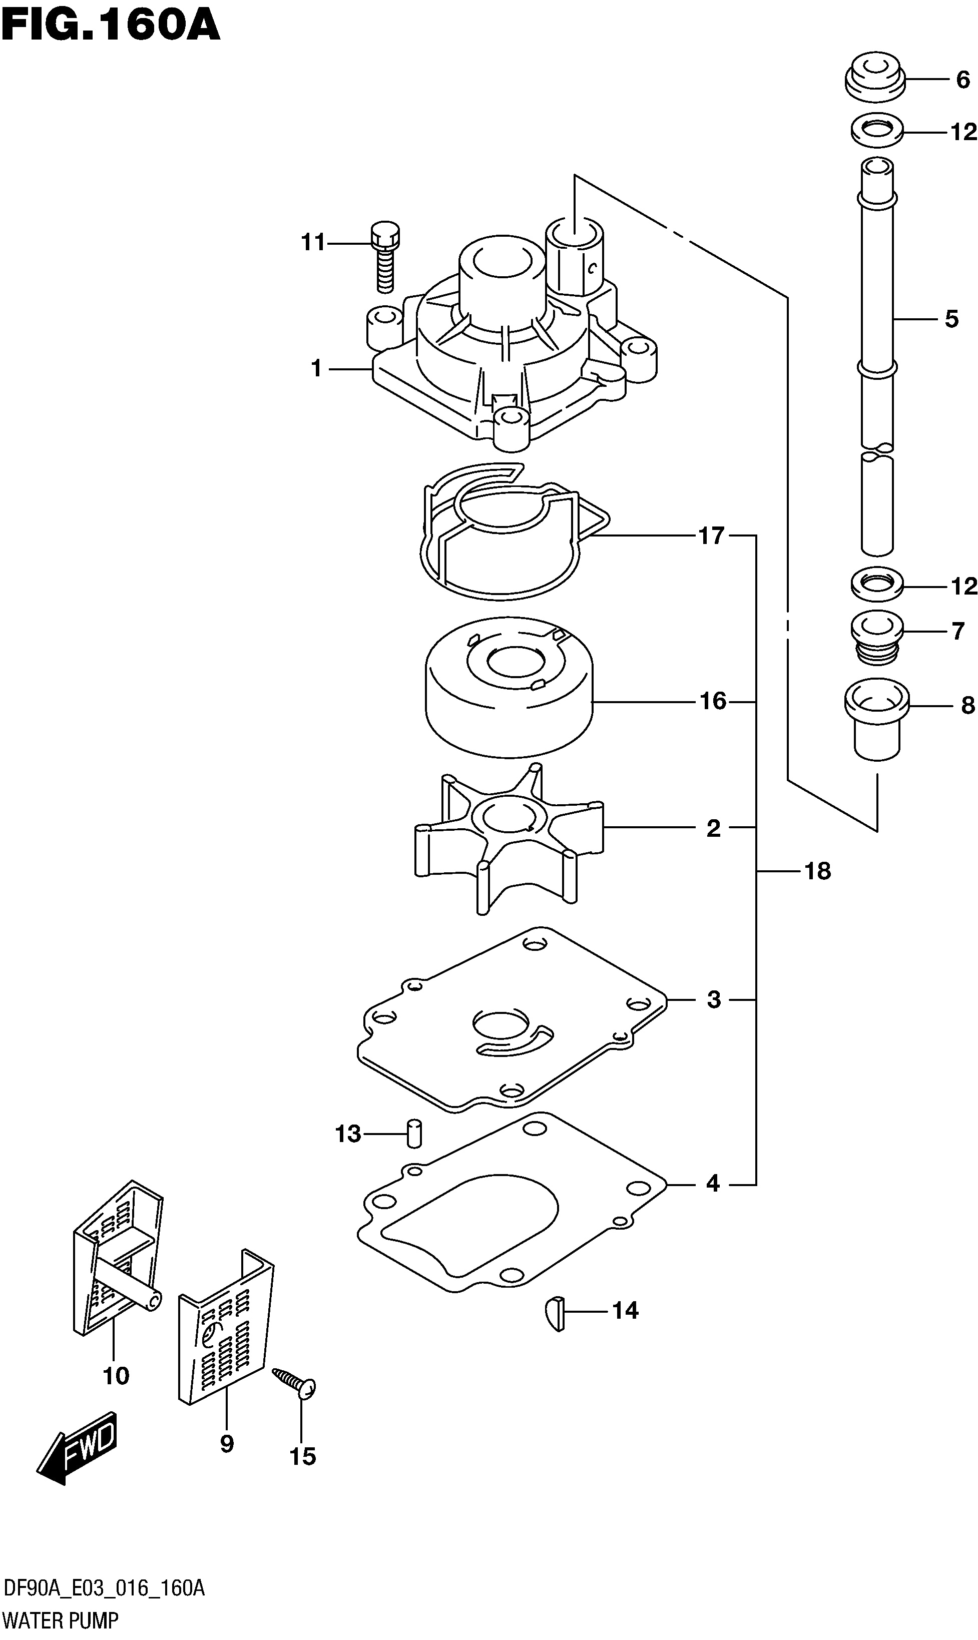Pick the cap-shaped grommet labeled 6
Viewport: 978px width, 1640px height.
[x=874, y=79]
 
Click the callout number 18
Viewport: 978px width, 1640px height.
[x=817, y=871]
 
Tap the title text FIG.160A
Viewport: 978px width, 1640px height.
[x=110, y=27]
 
